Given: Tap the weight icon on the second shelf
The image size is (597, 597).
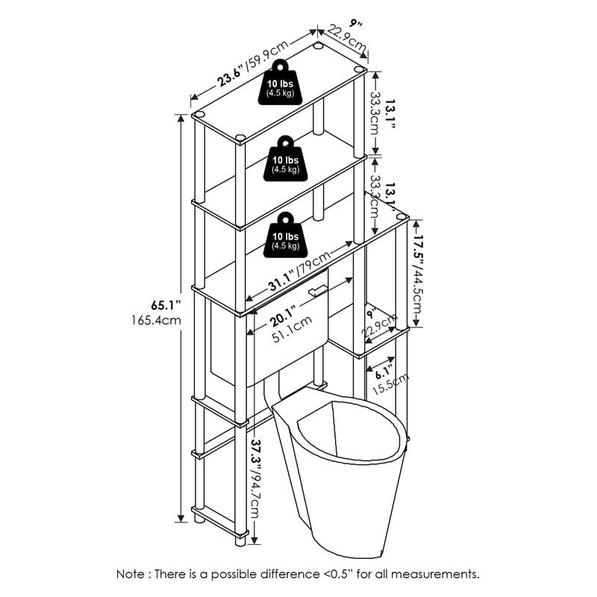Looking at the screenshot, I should point(284,159).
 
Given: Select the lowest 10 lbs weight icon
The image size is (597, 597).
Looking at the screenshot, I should point(284,234).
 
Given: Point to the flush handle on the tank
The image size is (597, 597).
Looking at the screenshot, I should point(318,290).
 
